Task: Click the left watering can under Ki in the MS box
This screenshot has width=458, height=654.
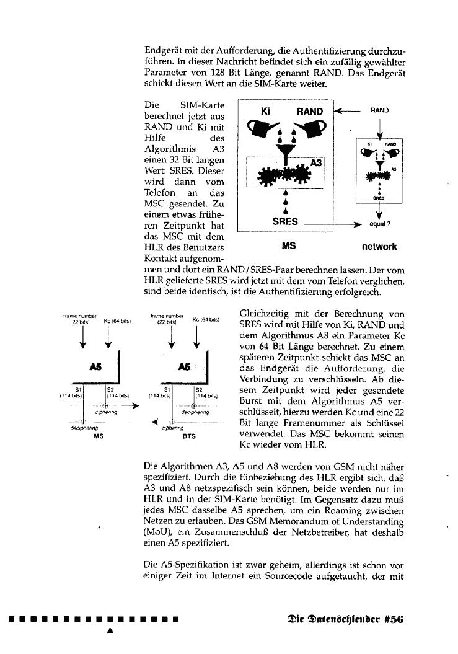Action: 261,131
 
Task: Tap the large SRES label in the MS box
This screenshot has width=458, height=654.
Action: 286,221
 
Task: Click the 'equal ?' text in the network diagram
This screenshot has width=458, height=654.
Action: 379,224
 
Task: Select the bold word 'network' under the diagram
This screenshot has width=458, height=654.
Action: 379,246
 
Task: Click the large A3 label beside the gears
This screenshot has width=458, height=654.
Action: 317,162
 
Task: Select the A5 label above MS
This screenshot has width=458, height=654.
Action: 95,367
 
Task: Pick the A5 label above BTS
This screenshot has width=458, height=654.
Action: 183,367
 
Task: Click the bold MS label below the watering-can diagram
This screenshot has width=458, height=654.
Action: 288,246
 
